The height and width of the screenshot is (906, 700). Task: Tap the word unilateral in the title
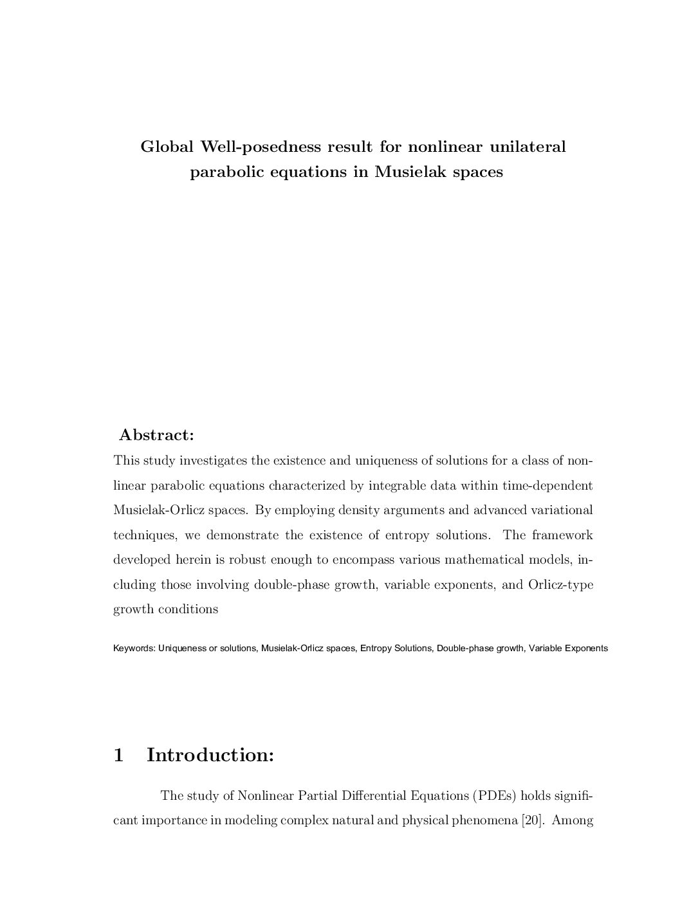(x=528, y=147)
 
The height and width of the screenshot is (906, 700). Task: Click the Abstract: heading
(x=156, y=435)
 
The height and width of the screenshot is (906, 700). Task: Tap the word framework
(x=561, y=535)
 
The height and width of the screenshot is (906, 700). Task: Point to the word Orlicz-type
(x=560, y=585)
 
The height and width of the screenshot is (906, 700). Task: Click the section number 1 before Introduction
(x=118, y=755)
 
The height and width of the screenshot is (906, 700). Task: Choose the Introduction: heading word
(x=210, y=755)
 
